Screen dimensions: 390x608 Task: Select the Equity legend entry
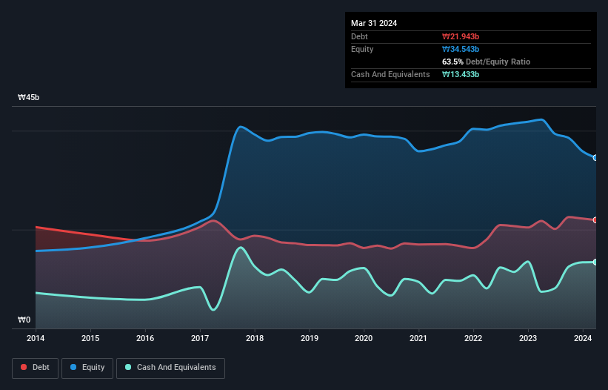pos(87,367)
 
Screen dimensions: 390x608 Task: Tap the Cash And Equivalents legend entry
pos(170,367)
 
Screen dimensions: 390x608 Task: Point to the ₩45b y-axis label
pos(30,98)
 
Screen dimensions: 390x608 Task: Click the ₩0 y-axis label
pos(24,320)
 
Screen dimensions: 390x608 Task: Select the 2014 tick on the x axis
pos(36,338)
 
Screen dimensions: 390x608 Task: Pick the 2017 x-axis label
pos(200,338)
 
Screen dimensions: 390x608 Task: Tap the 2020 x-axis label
pos(364,338)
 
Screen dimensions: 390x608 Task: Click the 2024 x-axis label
pos(583,338)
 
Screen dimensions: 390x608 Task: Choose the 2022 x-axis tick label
pos(473,338)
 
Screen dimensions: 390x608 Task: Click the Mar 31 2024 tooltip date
pos(374,23)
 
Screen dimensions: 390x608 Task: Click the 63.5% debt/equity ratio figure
pos(453,62)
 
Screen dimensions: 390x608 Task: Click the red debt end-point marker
pos(595,220)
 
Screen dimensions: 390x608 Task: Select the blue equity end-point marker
pos(595,158)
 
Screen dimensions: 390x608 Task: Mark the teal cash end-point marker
pos(595,262)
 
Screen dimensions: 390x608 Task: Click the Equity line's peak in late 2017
pos(240,127)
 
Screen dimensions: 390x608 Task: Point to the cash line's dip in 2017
pos(213,309)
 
